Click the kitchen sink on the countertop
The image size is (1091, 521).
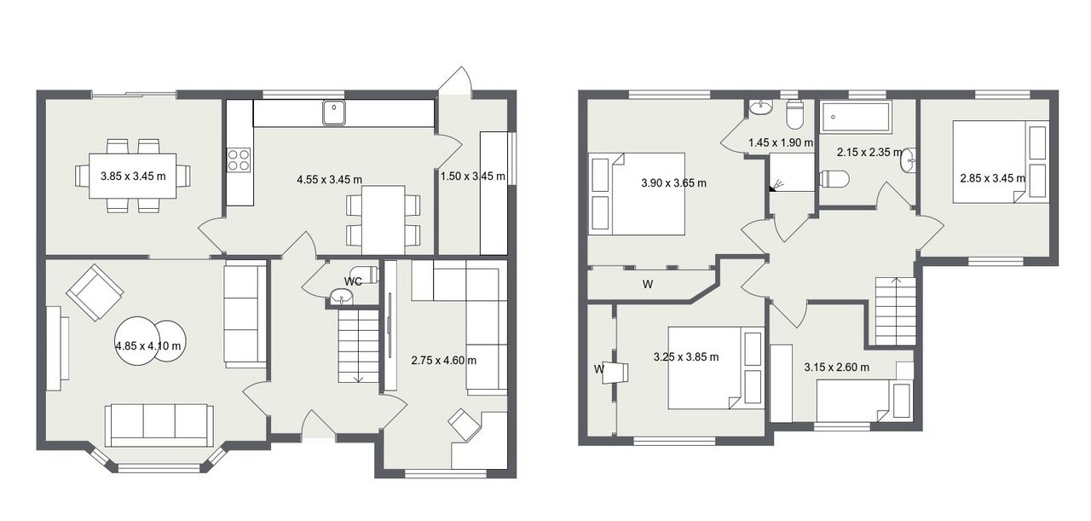333,113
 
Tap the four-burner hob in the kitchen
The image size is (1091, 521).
239,159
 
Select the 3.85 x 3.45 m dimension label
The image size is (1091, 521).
133,176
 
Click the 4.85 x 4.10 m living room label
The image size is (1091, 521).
148,346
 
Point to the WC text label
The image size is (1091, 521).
353,281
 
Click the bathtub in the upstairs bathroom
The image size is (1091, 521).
855,117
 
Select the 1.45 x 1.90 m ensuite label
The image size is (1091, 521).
781,142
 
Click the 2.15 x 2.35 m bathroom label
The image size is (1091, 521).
869,152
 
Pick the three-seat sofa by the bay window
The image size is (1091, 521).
159,425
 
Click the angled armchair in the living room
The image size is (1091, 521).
95,292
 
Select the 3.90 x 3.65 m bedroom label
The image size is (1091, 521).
673,183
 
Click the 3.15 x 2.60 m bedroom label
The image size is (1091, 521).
836,367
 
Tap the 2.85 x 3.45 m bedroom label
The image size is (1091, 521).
993,178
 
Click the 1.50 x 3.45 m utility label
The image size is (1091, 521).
472,176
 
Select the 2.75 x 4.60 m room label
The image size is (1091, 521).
444,361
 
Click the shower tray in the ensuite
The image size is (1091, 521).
792,172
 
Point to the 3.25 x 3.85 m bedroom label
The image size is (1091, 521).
686,356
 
